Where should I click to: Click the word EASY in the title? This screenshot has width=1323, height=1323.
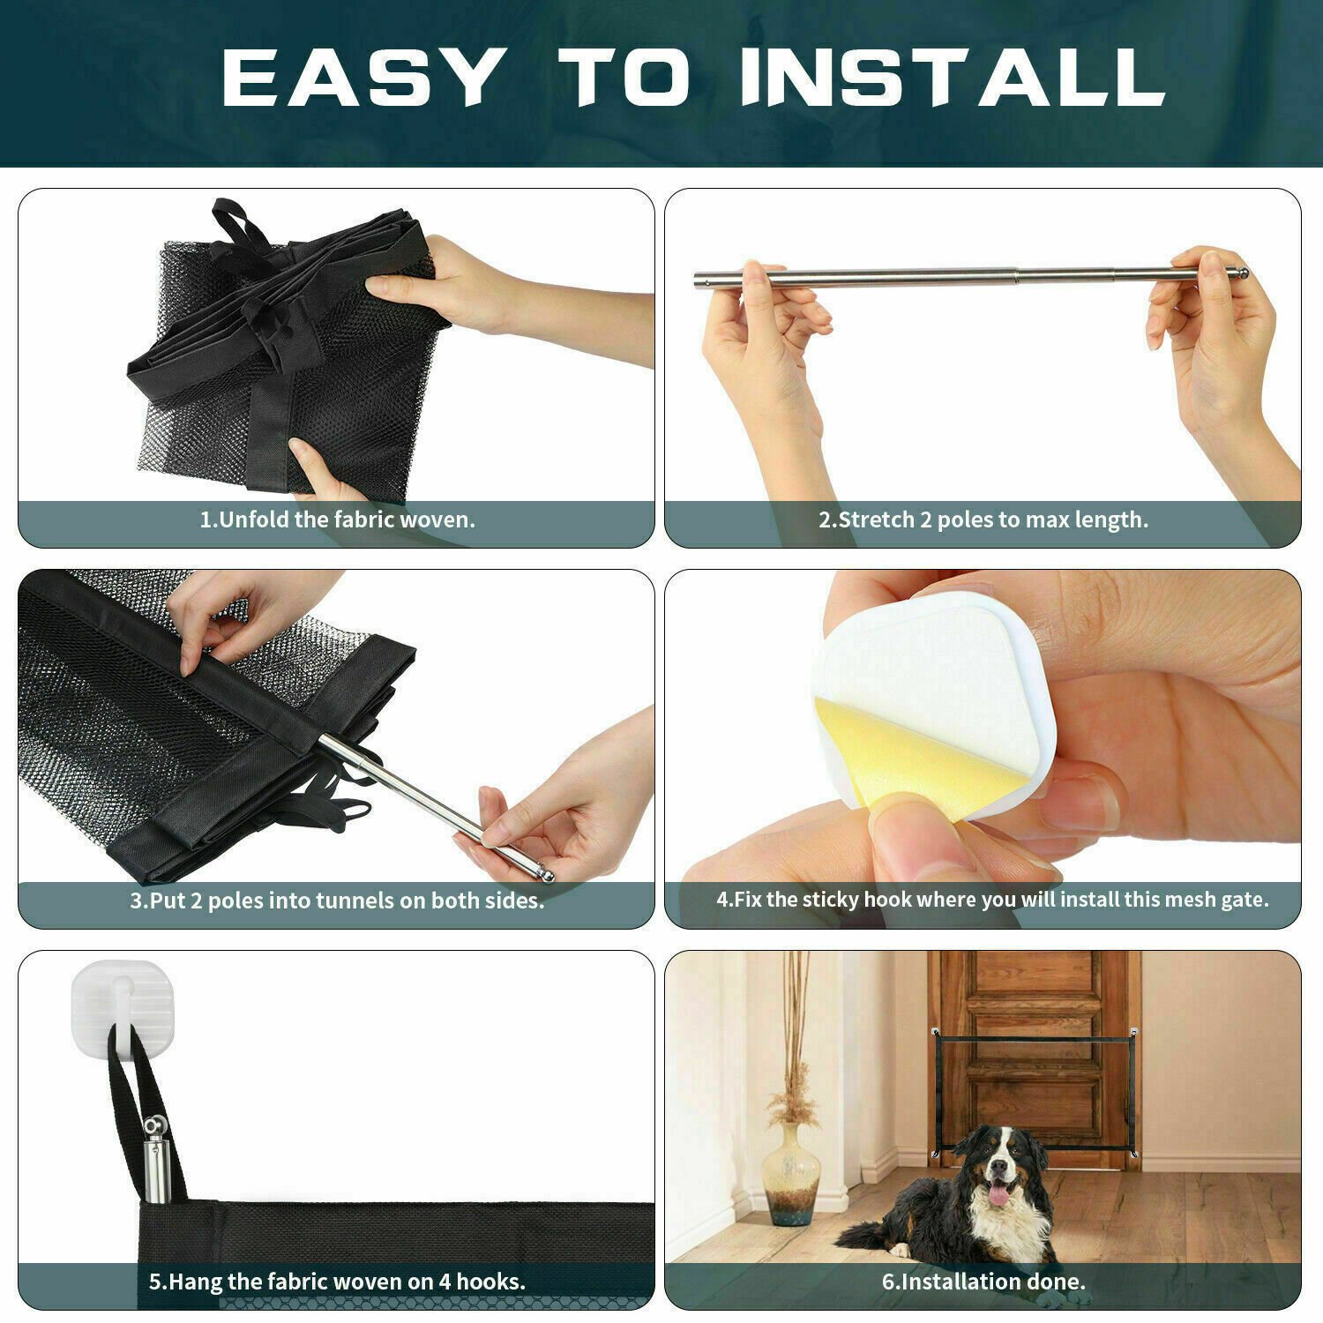tap(362, 78)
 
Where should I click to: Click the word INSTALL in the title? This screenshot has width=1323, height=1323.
tap(953, 78)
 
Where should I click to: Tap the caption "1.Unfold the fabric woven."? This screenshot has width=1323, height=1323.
tap(337, 519)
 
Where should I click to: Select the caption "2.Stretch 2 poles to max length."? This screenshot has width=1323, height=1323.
tap(983, 519)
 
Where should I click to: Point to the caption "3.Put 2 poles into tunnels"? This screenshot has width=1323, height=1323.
tap(337, 901)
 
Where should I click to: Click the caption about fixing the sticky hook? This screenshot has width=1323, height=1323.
tap(992, 900)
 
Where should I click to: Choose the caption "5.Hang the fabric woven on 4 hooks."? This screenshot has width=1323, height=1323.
tap(337, 1282)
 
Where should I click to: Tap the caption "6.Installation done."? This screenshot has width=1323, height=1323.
tap(983, 1282)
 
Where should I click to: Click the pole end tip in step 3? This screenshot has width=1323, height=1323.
tap(547, 875)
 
